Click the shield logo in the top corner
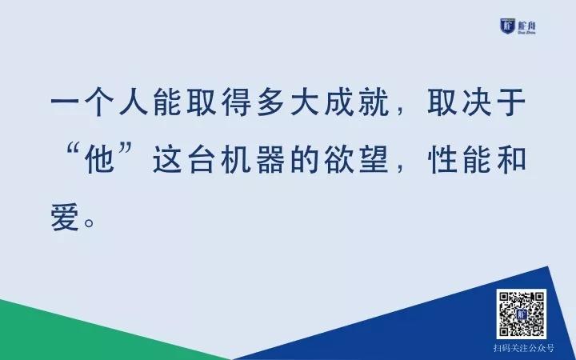click(x=508, y=26)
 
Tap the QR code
click(x=522, y=314)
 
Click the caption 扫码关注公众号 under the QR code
click(x=523, y=348)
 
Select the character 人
click(x=134, y=102)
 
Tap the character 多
click(x=270, y=102)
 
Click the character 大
click(x=305, y=102)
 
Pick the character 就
click(x=374, y=102)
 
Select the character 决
click(x=477, y=102)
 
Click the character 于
click(x=511, y=102)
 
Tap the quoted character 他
click(x=99, y=159)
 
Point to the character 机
click(x=236, y=159)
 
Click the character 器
click(x=270, y=159)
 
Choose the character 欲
click(x=339, y=159)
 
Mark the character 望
click(x=374, y=159)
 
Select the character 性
click(x=442, y=159)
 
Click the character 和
click(x=511, y=159)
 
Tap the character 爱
click(x=65, y=217)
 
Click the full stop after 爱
click(x=90, y=222)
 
